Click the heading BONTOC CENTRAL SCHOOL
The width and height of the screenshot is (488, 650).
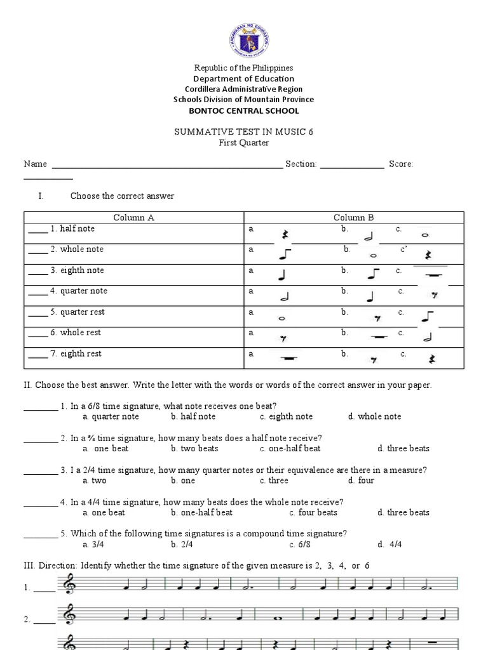pos(244,110)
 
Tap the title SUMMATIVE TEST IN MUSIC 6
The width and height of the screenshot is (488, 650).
pos(244,131)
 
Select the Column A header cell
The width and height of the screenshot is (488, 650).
pos(134,217)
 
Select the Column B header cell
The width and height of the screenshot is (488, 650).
pos(354,217)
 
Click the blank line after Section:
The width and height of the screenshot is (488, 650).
pos(352,165)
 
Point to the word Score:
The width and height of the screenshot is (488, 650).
pos(401,164)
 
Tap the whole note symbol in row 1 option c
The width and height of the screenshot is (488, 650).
pos(424,235)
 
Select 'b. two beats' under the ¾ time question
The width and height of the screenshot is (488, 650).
pos(194,448)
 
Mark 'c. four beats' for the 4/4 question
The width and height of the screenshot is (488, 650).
pos(313,512)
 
